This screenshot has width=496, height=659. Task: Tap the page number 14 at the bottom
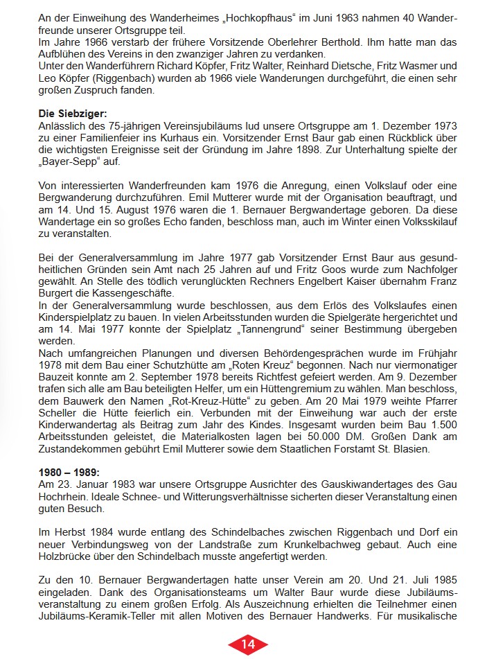(248, 644)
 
